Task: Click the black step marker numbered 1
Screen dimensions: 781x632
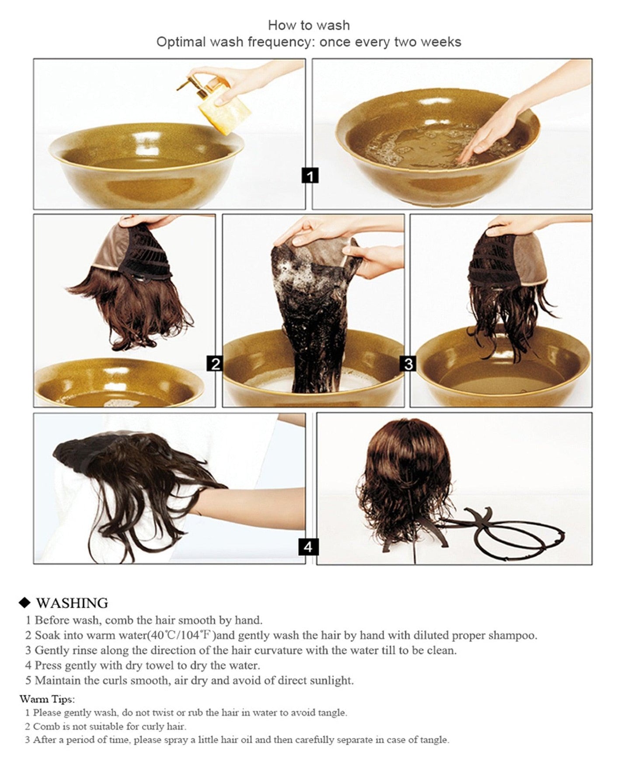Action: (x=310, y=176)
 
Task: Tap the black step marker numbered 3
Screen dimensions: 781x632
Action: (x=409, y=363)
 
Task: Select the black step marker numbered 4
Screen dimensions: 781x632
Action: (x=308, y=547)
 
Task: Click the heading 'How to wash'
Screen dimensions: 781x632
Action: (x=309, y=25)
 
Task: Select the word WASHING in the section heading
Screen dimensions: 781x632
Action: (x=72, y=603)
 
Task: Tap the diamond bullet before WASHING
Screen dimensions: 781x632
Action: (x=25, y=603)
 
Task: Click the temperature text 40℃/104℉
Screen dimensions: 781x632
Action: (x=183, y=635)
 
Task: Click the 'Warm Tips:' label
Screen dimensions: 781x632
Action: (x=47, y=699)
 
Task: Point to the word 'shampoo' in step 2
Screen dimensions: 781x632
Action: (x=512, y=635)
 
